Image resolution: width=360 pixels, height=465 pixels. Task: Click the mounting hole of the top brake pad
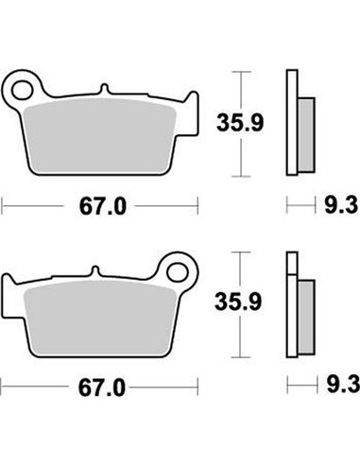tap(18, 90)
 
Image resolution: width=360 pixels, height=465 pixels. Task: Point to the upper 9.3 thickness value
tap(334, 203)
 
